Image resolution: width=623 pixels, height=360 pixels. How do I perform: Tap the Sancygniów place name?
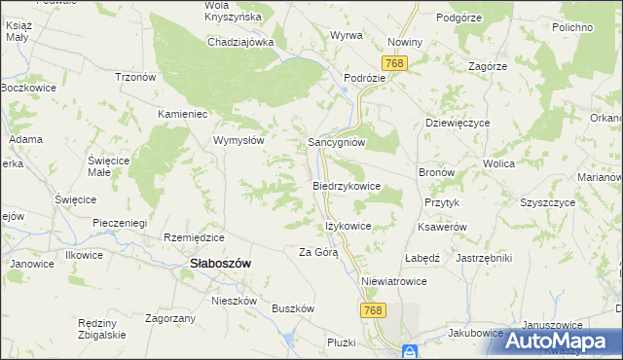[x=336, y=141]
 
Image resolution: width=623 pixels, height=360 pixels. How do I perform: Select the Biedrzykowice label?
[x=346, y=185]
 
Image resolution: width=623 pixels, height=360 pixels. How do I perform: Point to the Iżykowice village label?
[x=348, y=226]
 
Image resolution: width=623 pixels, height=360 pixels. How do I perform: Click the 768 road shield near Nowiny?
[x=395, y=63]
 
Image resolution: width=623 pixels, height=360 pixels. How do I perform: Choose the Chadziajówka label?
[x=240, y=42]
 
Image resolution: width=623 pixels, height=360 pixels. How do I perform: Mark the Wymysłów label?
[x=239, y=140]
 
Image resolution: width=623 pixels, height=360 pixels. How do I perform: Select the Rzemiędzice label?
[x=195, y=237]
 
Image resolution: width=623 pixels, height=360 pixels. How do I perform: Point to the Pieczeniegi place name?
[x=120, y=223]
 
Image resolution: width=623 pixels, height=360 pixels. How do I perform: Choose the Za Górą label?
[x=317, y=252]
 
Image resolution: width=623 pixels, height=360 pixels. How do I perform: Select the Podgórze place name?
[x=459, y=17]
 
